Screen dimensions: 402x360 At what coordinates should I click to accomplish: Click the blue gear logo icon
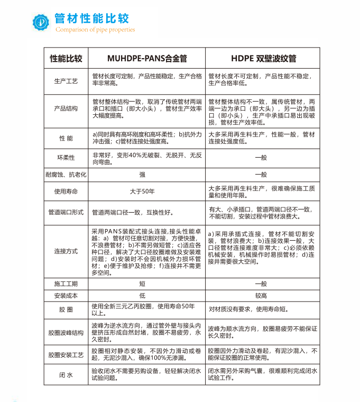(41, 21)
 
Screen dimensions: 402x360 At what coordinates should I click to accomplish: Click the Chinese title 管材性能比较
(91, 19)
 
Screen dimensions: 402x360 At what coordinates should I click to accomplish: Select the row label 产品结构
(66, 108)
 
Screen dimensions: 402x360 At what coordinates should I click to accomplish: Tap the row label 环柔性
(66, 158)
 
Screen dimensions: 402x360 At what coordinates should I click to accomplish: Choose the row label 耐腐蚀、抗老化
(66, 174)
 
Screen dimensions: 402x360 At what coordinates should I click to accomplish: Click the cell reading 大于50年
(142, 190)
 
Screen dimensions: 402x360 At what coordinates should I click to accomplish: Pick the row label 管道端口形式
(66, 212)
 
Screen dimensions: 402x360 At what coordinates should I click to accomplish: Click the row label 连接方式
(66, 251)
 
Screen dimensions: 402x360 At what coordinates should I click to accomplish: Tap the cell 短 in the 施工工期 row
(142, 284)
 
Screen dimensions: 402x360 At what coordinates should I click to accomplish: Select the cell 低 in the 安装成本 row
(142, 295)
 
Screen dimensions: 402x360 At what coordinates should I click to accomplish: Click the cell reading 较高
(261, 295)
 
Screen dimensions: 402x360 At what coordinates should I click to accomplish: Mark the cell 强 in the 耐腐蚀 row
(142, 174)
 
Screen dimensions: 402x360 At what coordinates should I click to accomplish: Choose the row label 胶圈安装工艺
(66, 354)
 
